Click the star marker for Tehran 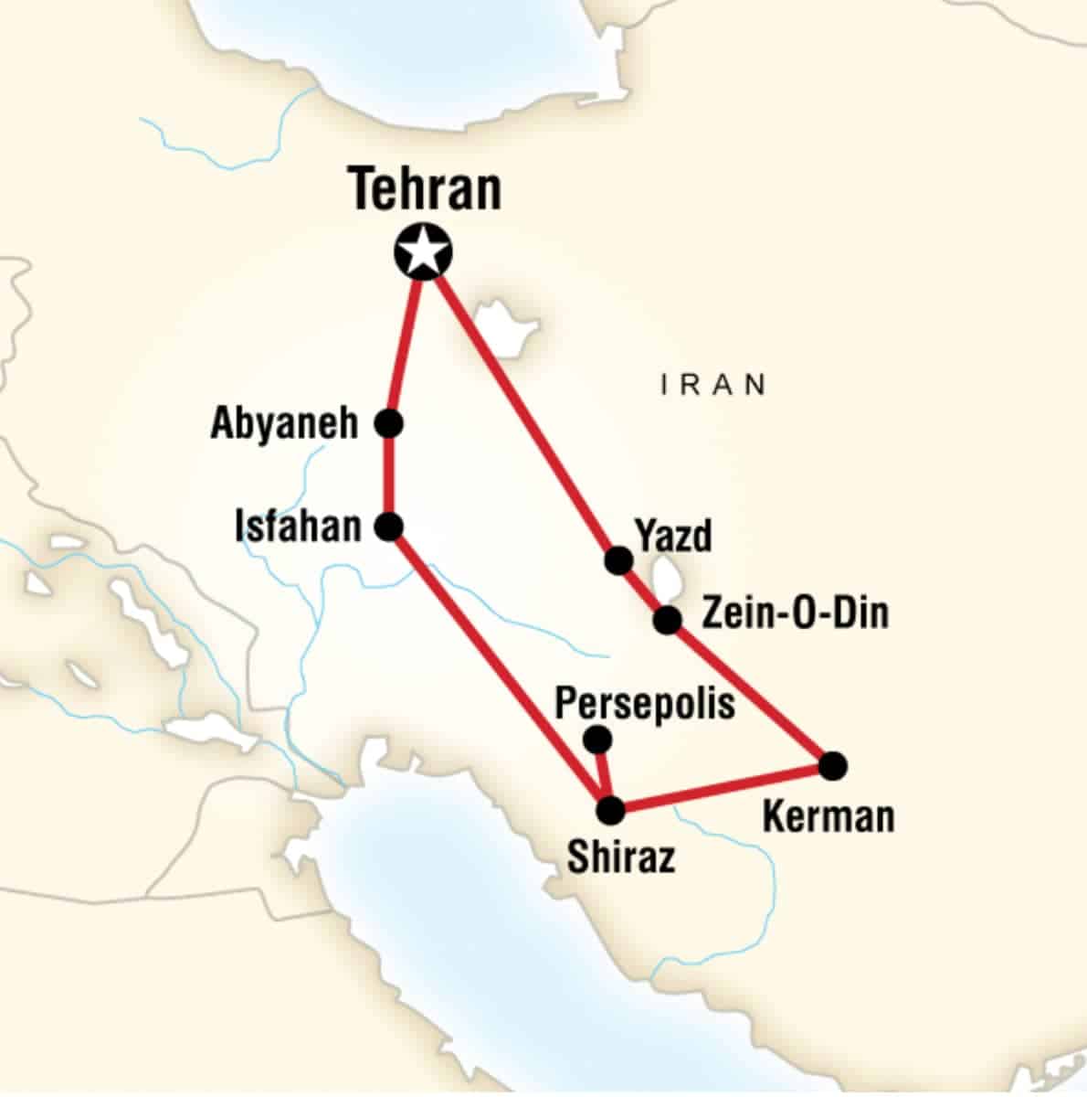[423, 251]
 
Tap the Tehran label [426, 189]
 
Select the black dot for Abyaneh [389, 423]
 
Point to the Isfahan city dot [389, 527]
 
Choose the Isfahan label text [298, 527]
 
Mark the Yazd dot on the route [618, 559]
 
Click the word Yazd [673, 536]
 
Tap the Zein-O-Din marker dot [668, 620]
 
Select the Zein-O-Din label [794, 612]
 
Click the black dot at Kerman [832, 765]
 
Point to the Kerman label [828, 816]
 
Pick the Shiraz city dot [609, 810]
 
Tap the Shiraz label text [621, 857]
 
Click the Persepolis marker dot [596, 738]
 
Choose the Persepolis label [645, 704]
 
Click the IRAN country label [713, 385]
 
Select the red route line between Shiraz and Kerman [722, 788]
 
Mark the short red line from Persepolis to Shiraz [602, 772]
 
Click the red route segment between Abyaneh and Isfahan [389, 475]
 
